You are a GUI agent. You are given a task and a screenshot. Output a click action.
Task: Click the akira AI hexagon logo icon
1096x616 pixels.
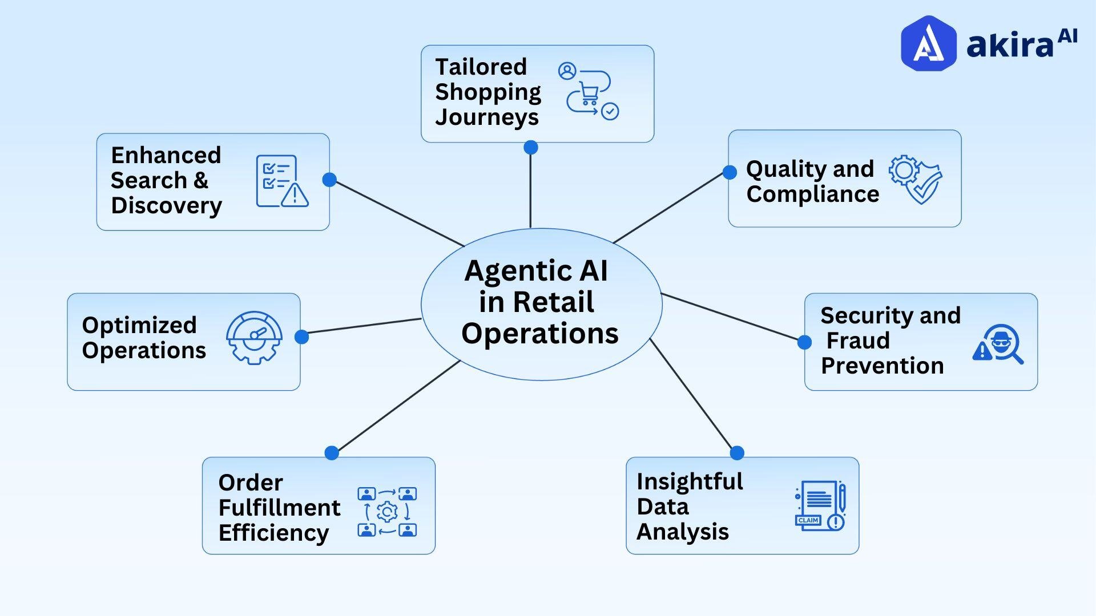point(928,43)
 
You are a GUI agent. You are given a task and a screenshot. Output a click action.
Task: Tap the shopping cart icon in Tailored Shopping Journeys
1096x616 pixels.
point(589,92)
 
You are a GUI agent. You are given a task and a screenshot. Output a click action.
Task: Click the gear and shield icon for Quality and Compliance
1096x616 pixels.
point(915,179)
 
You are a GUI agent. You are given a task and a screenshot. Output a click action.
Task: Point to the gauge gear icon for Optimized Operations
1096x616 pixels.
point(254,337)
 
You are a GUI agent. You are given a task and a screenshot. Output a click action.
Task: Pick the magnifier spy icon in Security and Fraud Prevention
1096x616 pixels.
point(998,344)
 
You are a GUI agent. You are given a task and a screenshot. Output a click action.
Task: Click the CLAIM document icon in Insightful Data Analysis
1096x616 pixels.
point(820,505)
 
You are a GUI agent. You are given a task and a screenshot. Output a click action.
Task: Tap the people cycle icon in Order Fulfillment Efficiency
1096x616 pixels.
point(387,512)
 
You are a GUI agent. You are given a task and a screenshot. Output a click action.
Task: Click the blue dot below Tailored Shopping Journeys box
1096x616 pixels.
point(531,148)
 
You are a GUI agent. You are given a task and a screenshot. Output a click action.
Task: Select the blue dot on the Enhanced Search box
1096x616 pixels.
point(329,180)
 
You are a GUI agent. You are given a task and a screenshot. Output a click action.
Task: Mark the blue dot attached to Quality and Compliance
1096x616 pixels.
point(730,172)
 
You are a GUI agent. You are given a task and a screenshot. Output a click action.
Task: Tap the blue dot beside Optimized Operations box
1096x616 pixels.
point(301,337)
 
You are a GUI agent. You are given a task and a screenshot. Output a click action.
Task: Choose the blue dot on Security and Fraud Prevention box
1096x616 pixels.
point(804,342)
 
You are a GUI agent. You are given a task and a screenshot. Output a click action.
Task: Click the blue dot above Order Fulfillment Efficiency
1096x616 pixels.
point(332,453)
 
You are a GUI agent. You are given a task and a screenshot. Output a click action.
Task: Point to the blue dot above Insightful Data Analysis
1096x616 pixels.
point(737,453)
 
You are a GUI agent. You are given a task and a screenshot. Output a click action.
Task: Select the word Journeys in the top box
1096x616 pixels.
point(487,117)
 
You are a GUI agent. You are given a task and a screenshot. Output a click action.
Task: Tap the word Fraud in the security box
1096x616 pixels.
point(858,341)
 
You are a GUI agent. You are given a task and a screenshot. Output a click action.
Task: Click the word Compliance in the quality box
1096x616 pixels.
point(813,194)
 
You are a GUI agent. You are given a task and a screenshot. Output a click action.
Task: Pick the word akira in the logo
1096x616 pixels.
point(1009,44)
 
